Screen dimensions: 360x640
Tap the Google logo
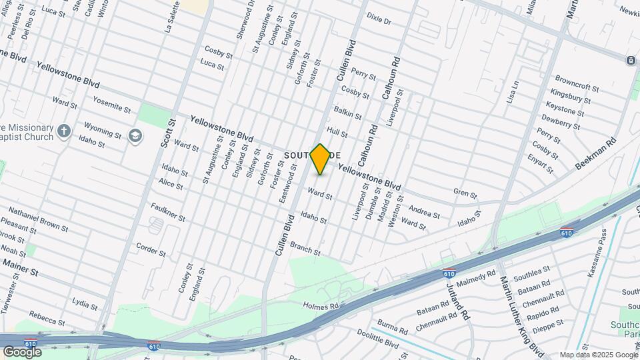click(22, 351)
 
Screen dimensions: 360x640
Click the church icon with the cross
click(64, 130)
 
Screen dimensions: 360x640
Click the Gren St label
click(465, 195)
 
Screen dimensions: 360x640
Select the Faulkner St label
click(167, 212)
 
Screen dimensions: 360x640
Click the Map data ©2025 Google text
click(598, 355)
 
